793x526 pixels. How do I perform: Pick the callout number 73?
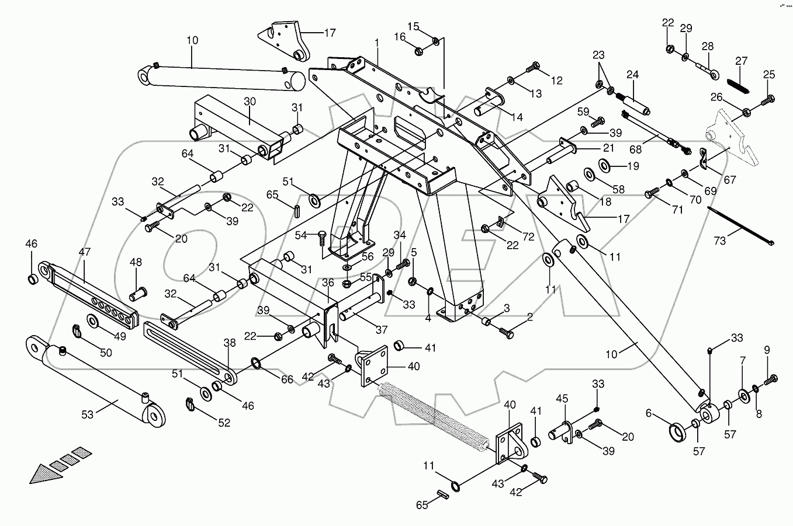tap(721, 241)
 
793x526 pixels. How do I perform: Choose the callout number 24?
tap(633, 74)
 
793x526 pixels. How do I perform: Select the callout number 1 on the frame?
tap(377, 43)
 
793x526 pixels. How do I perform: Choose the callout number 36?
tap(328, 282)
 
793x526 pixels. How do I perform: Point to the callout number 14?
tap(516, 117)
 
